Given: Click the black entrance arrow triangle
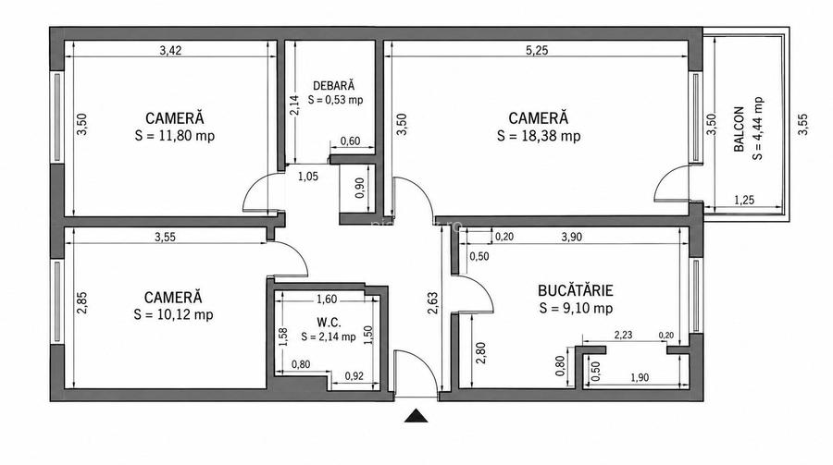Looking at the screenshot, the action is click(x=416, y=416).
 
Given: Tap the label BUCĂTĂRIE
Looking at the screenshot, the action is click(x=576, y=290).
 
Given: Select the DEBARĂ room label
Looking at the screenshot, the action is click(x=333, y=85).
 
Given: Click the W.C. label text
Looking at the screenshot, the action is click(x=329, y=323).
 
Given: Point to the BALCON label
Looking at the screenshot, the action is click(x=739, y=129).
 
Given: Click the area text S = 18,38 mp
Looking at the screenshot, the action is click(x=539, y=136).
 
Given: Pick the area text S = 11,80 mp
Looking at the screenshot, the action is click(x=175, y=136).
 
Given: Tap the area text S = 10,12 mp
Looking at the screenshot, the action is click(x=173, y=315).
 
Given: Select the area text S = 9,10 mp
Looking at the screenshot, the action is click(x=576, y=309).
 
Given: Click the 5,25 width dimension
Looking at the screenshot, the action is click(x=537, y=51).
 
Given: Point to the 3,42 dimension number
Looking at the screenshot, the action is click(x=170, y=51).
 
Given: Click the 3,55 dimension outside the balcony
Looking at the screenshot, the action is click(x=802, y=125).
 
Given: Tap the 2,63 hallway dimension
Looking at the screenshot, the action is click(x=433, y=303).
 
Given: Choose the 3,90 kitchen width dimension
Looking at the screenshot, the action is click(x=572, y=238).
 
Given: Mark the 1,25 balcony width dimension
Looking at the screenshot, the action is click(x=744, y=200).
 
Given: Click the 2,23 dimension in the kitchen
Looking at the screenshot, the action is click(x=623, y=335).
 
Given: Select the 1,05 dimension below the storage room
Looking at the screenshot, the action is click(x=307, y=177).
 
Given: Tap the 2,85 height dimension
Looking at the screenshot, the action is click(x=81, y=303).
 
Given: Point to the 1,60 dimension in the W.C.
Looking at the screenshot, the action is click(x=326, y=300).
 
